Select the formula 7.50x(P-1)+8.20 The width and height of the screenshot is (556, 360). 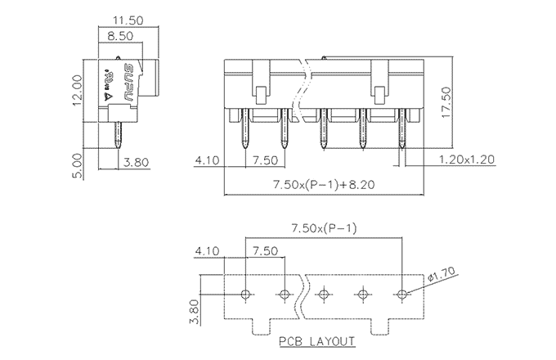(325, 186)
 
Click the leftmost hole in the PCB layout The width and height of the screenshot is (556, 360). (246, 293)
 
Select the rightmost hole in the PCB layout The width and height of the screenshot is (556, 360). (402, 293)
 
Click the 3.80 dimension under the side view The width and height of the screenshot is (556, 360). (135, 162)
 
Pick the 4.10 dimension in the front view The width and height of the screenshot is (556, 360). (208, 160)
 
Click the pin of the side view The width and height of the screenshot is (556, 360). (119, 135)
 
